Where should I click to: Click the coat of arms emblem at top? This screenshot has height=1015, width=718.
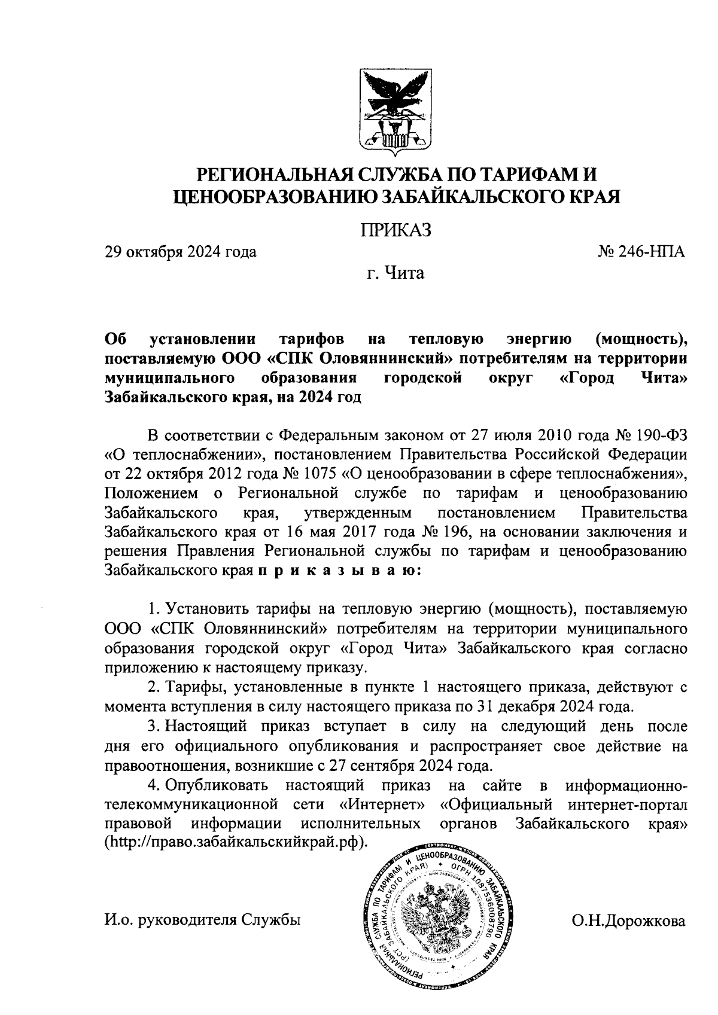tap(395, 111)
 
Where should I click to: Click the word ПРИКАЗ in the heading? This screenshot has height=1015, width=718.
tap(395, 230)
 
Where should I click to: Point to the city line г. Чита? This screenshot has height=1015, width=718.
tap(395, 274)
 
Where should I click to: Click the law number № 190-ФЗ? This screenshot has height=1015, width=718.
tap(650, 434)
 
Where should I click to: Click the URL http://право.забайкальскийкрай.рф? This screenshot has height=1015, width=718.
tap(235, 843)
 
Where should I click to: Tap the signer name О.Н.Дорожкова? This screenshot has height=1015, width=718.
tap(628, 922)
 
